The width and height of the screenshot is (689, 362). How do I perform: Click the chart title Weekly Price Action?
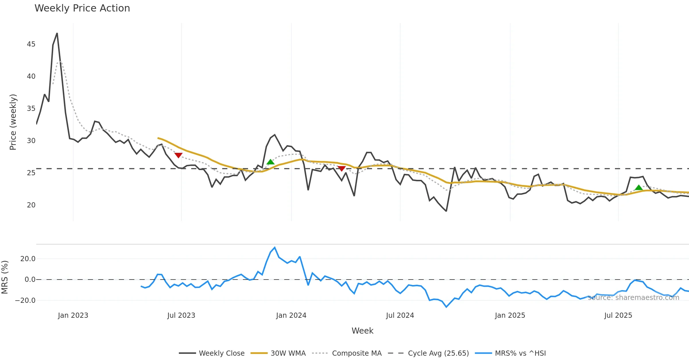tap(82, 8)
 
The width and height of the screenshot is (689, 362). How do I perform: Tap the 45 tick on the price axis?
tap(31, 44)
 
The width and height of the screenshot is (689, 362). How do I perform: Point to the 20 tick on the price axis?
tap(31, 205)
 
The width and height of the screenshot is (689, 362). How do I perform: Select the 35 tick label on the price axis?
tap(31, 109)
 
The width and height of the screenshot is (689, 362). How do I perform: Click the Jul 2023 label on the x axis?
tap(181, 315)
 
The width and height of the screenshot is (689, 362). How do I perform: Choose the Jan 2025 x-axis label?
tap(510, 315)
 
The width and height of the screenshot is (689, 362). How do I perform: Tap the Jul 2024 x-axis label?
tap(400, 315)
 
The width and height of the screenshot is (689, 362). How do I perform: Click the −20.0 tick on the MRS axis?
tap(25, 301)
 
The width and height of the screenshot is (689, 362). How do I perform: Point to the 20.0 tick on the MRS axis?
tap(28, 259)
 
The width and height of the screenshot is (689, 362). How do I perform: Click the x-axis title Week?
tap(362, 331)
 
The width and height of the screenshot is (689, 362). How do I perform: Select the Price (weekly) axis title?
tap(13, 122)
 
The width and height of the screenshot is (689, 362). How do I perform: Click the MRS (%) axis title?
tap(5, 277)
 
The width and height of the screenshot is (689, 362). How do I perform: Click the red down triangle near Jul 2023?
tap(178, 155)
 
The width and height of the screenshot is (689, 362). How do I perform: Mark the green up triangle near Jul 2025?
tap(638, 188)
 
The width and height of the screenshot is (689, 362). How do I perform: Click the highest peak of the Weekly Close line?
tap(57, 33)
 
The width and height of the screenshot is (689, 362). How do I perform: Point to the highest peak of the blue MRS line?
tap(275, 247)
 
